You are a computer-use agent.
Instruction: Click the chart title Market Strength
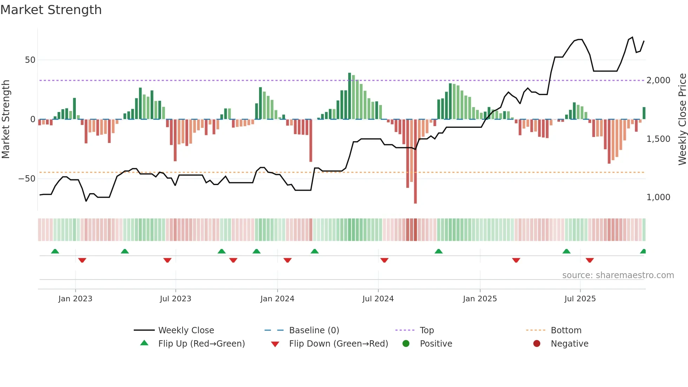[51, 10]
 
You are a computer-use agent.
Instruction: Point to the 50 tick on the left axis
[30, 60]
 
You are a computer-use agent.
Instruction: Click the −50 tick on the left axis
[27, 179]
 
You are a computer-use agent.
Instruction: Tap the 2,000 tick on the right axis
[659, 80]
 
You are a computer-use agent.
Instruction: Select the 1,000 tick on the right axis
[659, 197]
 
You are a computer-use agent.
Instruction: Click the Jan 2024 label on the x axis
[277, 299]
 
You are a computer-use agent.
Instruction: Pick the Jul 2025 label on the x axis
[580, 299]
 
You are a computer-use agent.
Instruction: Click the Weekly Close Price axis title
[682, 119]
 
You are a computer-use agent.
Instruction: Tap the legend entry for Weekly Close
[186, 330]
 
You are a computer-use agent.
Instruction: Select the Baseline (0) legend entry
[314, 330]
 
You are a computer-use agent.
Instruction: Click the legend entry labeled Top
[427, 330]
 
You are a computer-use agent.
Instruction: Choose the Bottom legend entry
[566, 330]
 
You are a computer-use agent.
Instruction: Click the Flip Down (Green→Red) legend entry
[338, 344]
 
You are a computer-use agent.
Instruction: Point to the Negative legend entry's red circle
[537, 343]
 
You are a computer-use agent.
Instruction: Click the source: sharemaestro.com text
[618, 275]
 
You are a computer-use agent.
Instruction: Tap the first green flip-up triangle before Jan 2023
[55, 251]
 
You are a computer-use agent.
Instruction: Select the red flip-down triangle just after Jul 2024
[384, 260]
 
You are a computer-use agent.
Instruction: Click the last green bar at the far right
[644, 113]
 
